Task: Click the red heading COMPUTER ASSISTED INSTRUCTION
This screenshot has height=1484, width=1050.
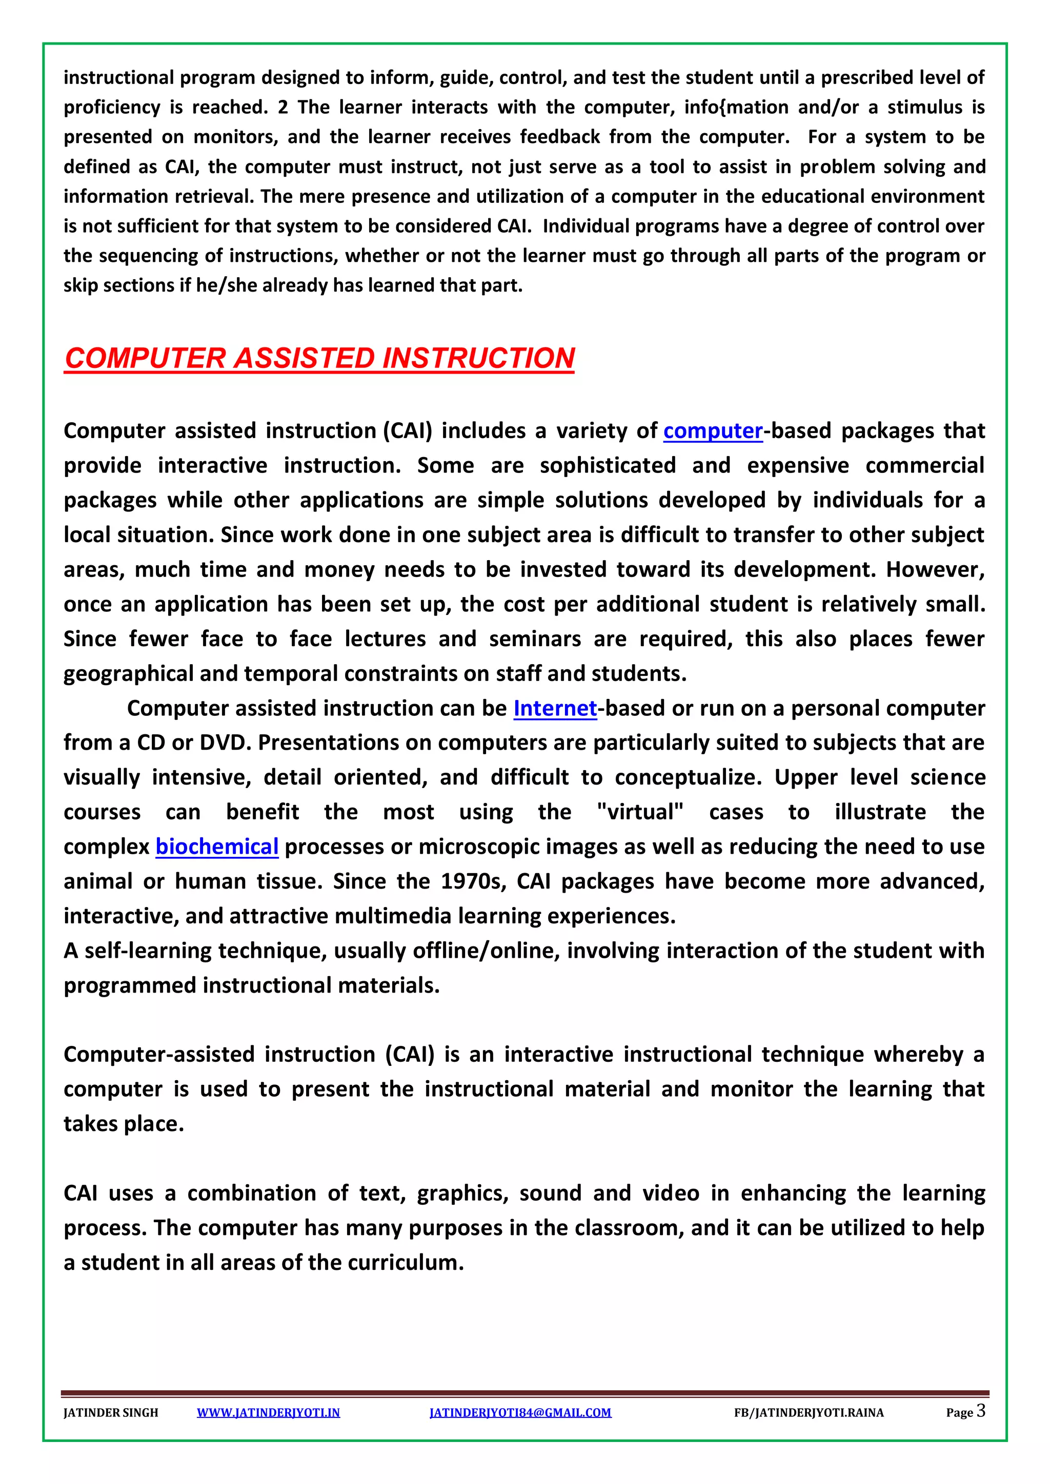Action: coord(319,358)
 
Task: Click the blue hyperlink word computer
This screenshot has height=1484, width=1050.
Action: coord(713,430)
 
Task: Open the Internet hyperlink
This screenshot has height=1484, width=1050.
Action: coord(555,708)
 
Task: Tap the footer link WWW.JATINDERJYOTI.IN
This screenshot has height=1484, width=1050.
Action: coord(268,1412)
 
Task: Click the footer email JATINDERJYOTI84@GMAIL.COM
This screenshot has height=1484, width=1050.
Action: coord(520,1412)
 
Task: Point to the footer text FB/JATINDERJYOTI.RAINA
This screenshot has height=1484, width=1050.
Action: coord(808,1412)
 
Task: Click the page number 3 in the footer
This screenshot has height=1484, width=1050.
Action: coord(980,1410)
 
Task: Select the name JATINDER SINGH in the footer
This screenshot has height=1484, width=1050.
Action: coord(111,1412)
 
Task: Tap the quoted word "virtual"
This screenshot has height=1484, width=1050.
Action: coord(639,812)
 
